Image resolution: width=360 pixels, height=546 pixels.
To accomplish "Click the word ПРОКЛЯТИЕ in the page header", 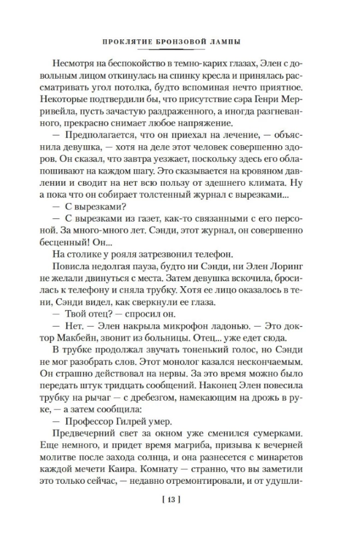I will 128,41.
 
